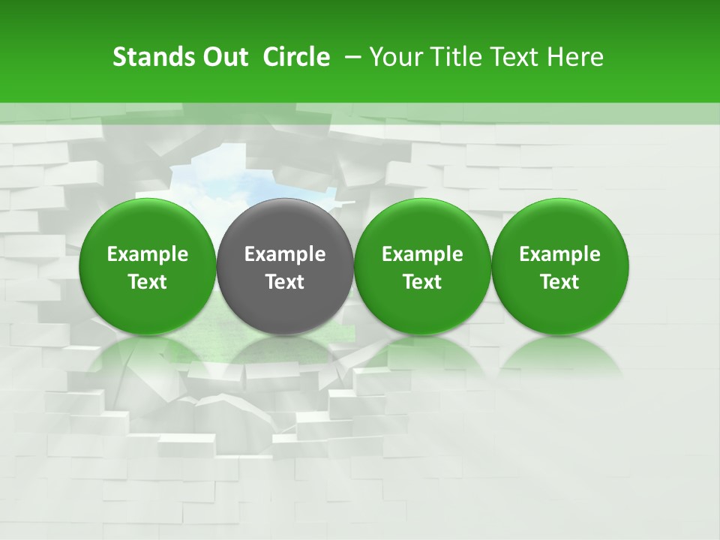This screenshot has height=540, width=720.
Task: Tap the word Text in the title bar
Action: click(x=506, y=57)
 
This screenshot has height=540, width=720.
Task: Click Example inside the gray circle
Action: click(x=285, y=254)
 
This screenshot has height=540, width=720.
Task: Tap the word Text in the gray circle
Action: click(x=285, y=282)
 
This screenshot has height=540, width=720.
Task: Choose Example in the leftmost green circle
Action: click(x=148, y=254)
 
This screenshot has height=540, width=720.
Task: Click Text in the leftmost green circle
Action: click(x=148, y=282)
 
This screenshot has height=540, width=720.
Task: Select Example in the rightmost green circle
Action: click(x=559, y=254)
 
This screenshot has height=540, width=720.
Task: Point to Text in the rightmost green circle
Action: click(x=559, y=282)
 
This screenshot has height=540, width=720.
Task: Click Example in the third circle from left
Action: click(x=422, y=254)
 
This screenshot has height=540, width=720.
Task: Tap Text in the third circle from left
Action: click(x=422, y=282)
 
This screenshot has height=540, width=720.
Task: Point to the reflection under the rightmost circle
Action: click(x=559, y=356)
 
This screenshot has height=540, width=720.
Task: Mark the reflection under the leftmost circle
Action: click(x=148, y=356)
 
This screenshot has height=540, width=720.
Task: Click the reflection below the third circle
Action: click(x=422, y=356)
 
